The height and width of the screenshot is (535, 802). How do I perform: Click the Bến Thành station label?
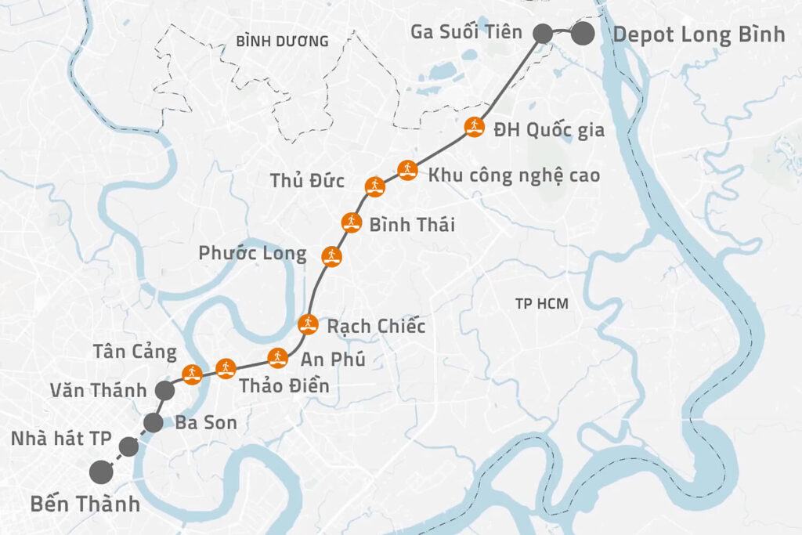(x=85, y=504)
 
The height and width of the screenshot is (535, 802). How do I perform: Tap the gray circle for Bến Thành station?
(x=100, y=472)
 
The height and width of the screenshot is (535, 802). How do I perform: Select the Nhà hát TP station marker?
(x=128, y=447)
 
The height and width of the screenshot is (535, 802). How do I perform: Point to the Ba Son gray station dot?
(x=154, y=423)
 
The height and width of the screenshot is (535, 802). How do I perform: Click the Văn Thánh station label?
(x=97, y=390)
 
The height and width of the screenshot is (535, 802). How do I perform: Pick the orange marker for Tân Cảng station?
(x=191, y=373)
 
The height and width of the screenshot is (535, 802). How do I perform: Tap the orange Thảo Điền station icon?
(x=226, y=367)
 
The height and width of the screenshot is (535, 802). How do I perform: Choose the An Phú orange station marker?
(x=277, y=358)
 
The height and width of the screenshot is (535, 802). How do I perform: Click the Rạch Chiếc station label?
(x=376, y=326)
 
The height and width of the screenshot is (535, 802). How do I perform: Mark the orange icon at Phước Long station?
(x=331, y=255)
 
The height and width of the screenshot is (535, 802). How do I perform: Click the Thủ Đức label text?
(x=308, y=182)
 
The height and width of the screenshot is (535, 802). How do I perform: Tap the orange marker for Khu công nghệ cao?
(x=406, y=170)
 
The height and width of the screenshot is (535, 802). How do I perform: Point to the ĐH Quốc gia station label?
(x=549, y=130)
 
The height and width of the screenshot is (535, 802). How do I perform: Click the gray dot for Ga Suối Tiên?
(x=541, y=34)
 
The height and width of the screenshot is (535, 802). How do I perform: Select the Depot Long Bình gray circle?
(x=582, y=34)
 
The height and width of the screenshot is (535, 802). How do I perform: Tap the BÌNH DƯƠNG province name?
(x=281, y=41)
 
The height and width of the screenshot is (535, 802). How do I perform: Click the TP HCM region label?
(x=542, y=304)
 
